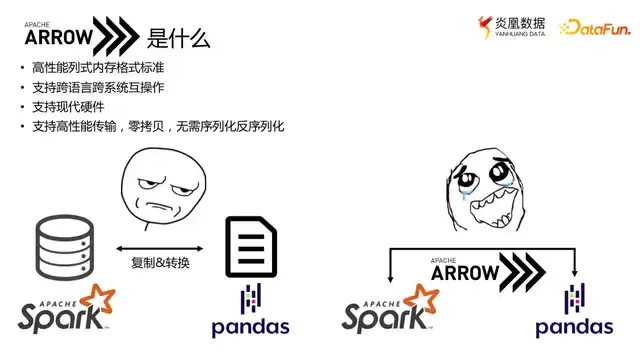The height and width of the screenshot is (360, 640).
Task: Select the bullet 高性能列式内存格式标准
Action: [98, 67]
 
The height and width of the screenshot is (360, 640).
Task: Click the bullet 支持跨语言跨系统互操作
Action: [98, 87]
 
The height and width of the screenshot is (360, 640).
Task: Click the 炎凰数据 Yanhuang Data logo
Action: [514, 27]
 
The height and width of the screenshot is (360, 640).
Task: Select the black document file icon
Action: [250, 246]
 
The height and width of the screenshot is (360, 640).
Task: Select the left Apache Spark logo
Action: [66, 310]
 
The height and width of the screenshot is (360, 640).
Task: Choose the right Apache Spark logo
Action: [390, 312]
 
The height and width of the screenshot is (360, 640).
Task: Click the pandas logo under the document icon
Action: [250, 315]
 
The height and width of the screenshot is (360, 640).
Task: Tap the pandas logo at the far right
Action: [574, 315]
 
